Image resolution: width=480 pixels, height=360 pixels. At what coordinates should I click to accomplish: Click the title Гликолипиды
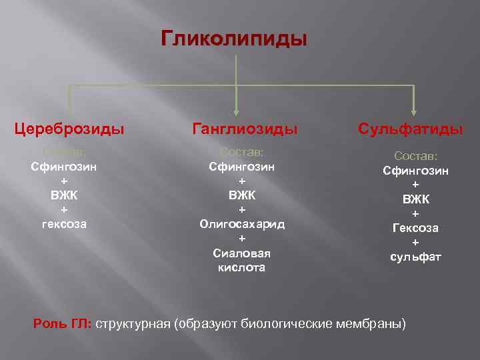click(234, 39)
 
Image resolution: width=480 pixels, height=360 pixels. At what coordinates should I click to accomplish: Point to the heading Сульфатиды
click(410, 129)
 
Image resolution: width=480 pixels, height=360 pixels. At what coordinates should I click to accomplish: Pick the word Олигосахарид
click(241, 224)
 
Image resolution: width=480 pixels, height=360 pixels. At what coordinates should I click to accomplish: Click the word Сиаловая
click(241, 253)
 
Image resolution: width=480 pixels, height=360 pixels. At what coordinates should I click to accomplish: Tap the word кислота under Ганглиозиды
click(241, 267)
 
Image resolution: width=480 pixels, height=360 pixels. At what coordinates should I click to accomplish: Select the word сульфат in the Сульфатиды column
click(415, 257)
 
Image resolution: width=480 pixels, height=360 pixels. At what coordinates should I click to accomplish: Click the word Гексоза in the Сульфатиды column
click(415, 228)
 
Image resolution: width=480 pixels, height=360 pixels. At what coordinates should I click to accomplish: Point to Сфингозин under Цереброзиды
click(64, 166)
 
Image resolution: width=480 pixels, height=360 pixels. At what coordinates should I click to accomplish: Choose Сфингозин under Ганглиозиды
click(241, 166)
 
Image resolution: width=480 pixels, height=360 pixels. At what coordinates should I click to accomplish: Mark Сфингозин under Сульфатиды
click(415, 171)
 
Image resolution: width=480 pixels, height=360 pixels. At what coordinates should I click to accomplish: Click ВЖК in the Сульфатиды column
click(415, 199)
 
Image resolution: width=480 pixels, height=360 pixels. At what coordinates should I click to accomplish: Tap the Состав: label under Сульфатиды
click(415, 155)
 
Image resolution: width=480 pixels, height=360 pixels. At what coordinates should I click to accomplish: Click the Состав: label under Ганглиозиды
click(241, 152)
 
